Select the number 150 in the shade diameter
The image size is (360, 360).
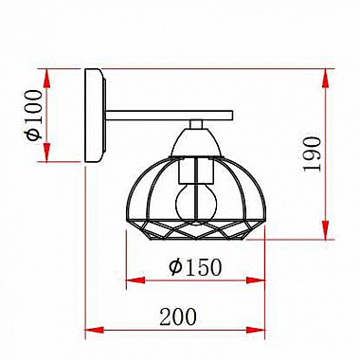pyautogui.click(x=202, y=267)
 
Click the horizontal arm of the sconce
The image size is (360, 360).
pyautogui.click(x=171, y=116)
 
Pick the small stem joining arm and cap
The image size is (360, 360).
pyautogui.click(x=196, y=124)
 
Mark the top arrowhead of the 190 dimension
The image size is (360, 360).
pyautogui.click(x=329, y=76)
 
